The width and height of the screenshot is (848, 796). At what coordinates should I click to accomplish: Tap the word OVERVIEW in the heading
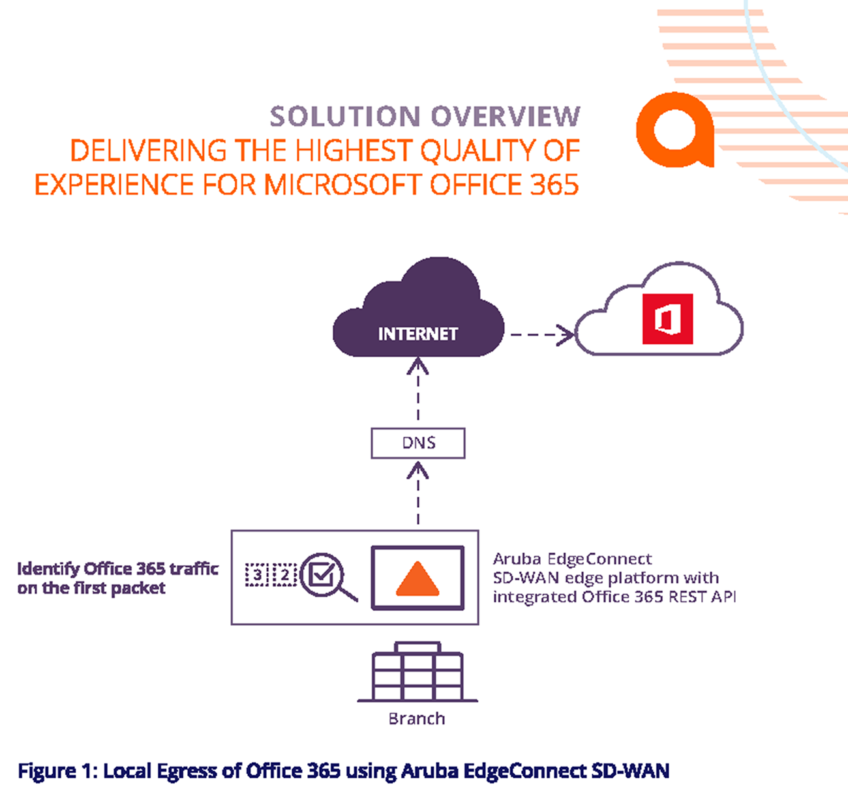point(506,116)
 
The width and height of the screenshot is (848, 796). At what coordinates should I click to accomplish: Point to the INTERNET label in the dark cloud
point(418,334)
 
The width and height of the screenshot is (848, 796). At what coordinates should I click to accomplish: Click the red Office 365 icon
point(668,319)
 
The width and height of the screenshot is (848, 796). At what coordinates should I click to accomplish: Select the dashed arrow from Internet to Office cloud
point(542,334)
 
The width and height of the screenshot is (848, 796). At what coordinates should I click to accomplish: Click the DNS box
point(418,443)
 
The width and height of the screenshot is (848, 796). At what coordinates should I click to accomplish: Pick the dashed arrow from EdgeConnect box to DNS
point(418,494)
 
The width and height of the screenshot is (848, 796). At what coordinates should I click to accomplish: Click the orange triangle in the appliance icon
point(417,578)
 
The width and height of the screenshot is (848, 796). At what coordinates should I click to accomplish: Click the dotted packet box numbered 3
point(257,575)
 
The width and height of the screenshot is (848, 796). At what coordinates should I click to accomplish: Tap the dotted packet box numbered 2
point(284,575)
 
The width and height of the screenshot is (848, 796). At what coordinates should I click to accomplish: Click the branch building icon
point(417,672)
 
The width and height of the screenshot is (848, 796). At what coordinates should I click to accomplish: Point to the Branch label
point(417,719)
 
